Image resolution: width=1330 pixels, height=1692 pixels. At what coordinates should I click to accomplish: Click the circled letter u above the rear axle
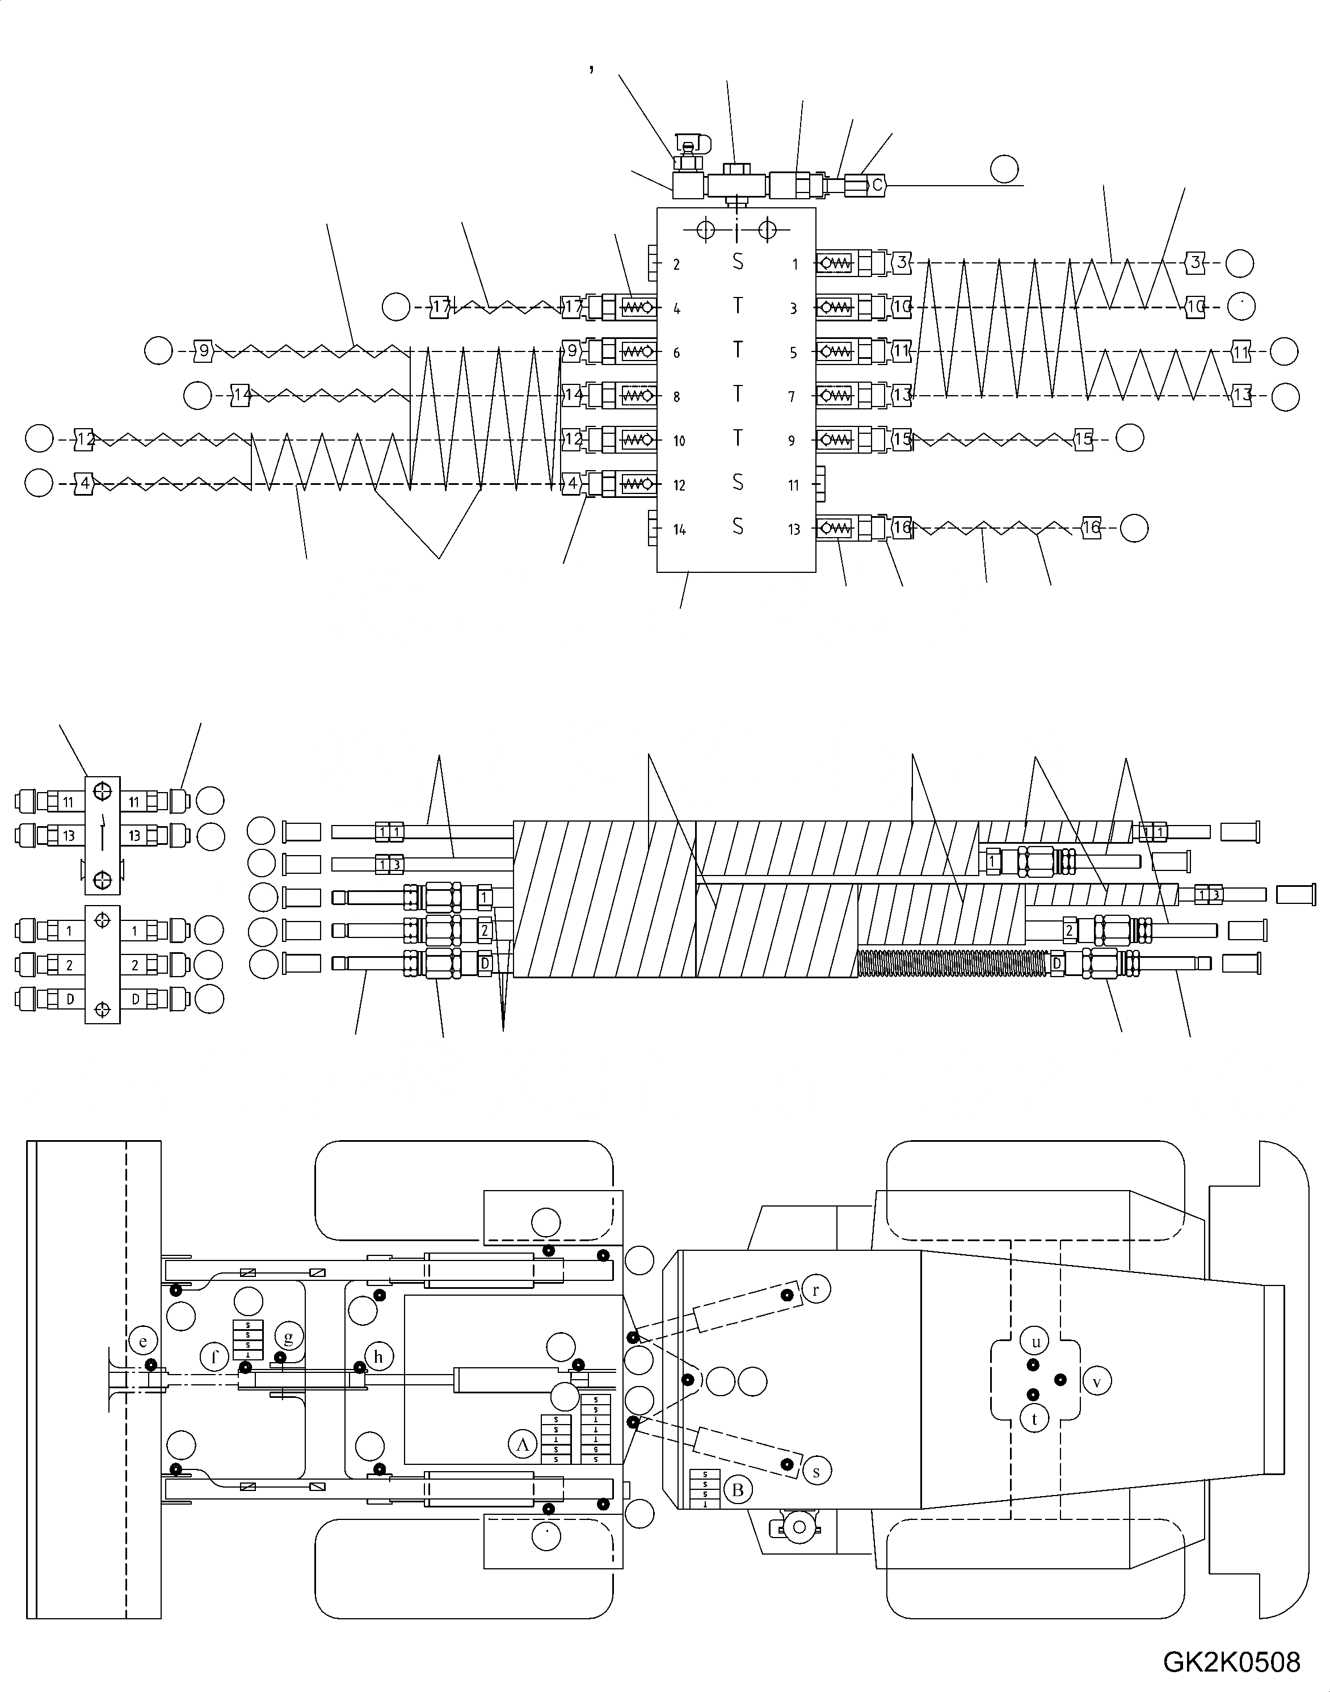1035,1342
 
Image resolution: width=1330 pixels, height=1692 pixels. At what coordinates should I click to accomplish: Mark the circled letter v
1096,1381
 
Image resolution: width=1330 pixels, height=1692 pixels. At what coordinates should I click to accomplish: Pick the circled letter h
378,1356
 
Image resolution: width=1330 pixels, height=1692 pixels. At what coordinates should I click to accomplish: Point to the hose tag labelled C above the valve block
877,186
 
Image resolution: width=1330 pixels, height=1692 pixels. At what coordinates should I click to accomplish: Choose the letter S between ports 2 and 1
738,262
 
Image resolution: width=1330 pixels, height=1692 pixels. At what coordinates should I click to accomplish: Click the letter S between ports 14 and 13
738,527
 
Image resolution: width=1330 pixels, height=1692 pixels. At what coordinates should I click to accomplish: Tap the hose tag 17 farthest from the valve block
441,307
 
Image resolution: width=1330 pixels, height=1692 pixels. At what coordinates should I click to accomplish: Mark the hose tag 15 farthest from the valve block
1084,439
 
